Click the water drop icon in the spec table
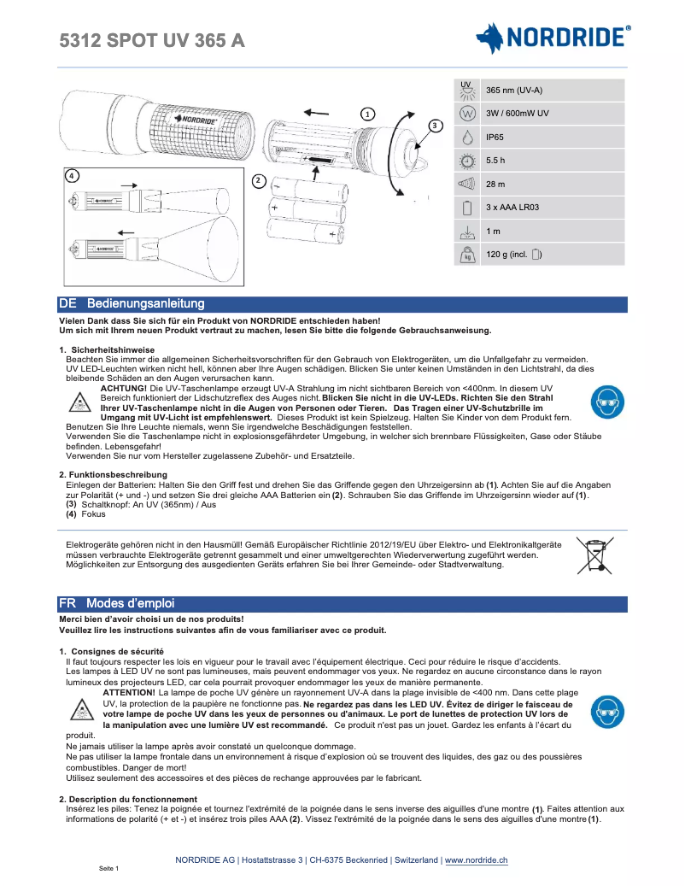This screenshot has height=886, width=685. click(x=466, y=137)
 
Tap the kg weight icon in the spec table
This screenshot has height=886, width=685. click(x=466, y=255)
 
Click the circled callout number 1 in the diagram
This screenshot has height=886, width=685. click(x=366, y=114)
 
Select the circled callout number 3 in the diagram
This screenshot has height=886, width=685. click(x=435, y=126)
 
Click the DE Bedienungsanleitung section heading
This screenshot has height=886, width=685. click(x=132, y=304)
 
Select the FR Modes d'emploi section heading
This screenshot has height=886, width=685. click(x=117, y=603)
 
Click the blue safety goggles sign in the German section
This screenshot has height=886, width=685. click(x=608, y=402)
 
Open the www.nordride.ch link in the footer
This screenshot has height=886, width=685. click(x=476, y=860)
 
